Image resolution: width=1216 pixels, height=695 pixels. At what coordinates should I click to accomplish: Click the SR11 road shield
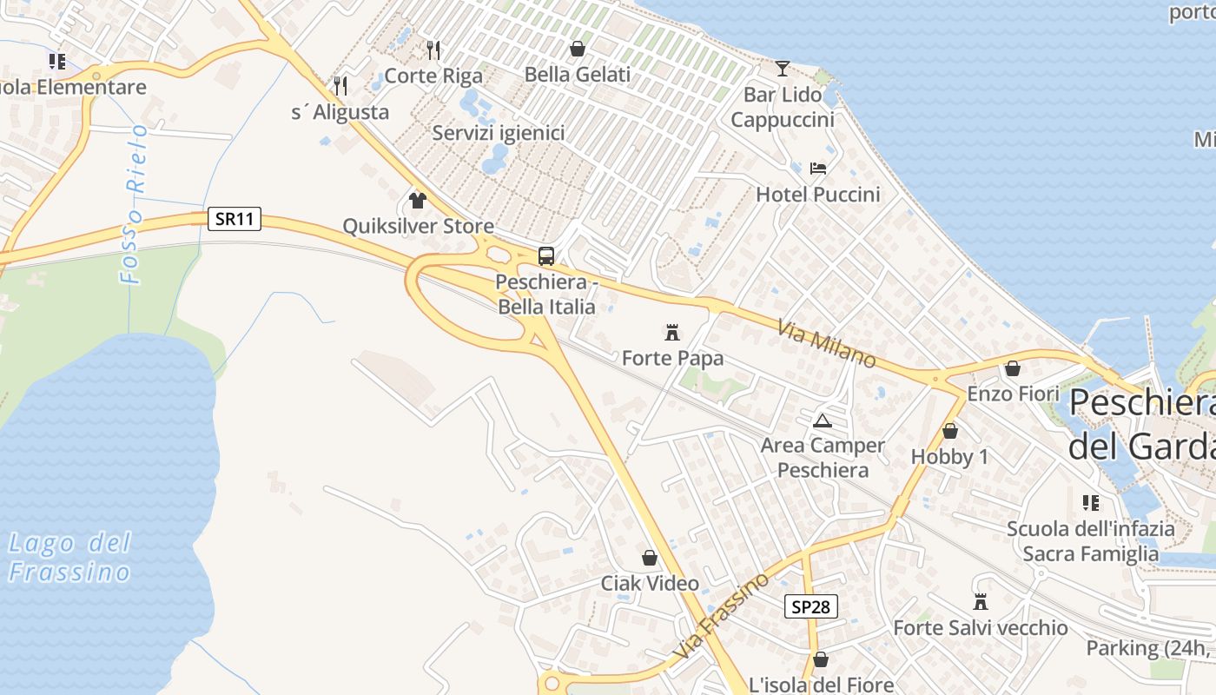click(x=235, y=219)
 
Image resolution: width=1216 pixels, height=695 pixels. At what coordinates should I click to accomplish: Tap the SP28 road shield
click(x=811, y=606)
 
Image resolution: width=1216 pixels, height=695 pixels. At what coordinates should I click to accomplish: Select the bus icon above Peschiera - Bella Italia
click(x=546, y=256)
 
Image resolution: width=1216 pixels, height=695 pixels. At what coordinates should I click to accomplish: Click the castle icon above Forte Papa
click(x=671, y=332)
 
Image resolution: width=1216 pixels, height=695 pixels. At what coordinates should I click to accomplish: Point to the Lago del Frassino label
click(x=69, y=558)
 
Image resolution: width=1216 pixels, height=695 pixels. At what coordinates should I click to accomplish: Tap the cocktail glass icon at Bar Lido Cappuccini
click(x=783, y=68)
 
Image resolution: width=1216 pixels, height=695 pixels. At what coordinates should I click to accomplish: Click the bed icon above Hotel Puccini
click(x=817, y=169)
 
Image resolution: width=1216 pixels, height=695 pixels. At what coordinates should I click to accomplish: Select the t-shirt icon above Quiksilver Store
click(x=418, y=201)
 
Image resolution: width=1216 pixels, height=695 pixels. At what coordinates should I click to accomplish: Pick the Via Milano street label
click(x=826, y=343)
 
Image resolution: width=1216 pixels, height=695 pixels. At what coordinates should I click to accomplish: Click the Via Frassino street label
click(x=722, y=615)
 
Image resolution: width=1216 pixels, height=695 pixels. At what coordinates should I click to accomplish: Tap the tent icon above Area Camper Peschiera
click(x=822, y=420)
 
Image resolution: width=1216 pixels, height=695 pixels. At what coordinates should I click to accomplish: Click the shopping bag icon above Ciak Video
click(x=650, y=557)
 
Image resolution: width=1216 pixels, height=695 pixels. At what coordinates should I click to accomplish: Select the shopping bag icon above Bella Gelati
click(x=577, y=49)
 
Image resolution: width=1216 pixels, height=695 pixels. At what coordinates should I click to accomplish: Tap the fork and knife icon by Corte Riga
click(x=433, y=50)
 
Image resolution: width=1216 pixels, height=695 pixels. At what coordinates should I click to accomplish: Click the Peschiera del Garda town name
click(x=1141, y=425)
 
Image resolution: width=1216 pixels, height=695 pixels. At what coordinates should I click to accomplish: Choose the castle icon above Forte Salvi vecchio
click(x=981, y=601)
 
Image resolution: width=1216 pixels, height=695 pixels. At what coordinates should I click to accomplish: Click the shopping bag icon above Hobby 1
click(x=950, y=431)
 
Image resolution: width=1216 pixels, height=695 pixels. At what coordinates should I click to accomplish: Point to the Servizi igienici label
click(x=499, y=133)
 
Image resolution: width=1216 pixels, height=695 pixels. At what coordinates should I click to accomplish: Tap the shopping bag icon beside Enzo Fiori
click(x=1012, y=368)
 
